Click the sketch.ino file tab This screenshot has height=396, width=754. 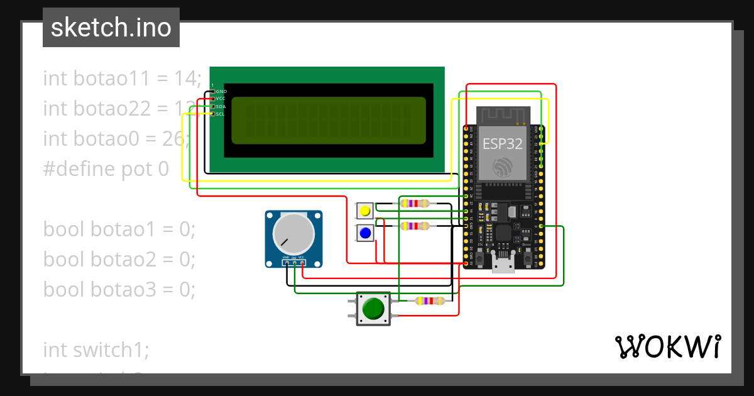point(111,28)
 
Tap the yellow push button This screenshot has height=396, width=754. point(364,211)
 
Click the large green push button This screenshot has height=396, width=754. point(373,309)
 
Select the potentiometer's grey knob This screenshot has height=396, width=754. point(293,233)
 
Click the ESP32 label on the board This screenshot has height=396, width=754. point(502,143)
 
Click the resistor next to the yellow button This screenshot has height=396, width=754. point(415,203)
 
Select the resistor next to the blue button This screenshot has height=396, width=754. point(415,226)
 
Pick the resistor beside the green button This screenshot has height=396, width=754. point(430,300)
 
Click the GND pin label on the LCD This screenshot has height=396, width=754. point(221,92)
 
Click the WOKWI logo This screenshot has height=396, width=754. point(667,347)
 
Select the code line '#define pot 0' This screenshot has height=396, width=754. point(106,169)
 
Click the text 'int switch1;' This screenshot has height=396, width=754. point(96,349)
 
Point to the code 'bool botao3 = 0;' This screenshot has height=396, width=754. point(119,289)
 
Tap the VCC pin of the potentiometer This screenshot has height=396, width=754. point(302,263)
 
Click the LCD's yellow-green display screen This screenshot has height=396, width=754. point(328,121)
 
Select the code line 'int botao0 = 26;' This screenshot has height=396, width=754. point(116,139)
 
